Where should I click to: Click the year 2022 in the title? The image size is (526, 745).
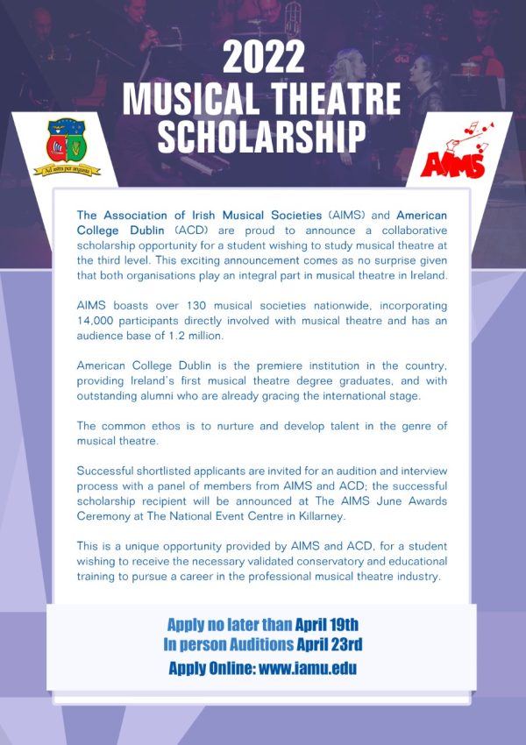[x=263, y=58]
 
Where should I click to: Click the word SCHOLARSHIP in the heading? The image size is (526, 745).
[x=263, y=136]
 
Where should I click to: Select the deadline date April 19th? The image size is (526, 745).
[x=327, y=624]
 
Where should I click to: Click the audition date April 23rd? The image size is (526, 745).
[x=329, y=645]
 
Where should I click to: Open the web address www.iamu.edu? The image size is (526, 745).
[x=308, y=668]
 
